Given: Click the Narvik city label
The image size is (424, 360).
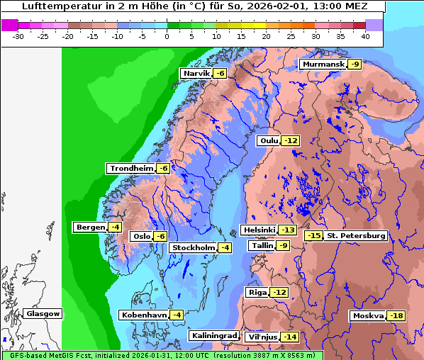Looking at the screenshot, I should pos(196,74).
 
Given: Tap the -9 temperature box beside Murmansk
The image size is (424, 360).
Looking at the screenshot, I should pos(355,64).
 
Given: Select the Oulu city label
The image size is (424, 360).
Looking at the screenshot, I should pos(269,141).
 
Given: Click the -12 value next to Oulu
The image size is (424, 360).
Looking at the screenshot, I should pos(291,141).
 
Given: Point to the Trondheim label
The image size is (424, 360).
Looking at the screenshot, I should pos(131,169).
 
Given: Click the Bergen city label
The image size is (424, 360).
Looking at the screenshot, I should pos(89,227).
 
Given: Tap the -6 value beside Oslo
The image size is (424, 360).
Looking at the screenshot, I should pos(160,237).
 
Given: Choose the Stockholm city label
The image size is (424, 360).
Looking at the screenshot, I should pos(192,247).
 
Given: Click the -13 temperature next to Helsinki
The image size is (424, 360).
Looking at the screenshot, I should pos(287,230).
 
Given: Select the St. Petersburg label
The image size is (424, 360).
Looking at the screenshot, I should pos(356,235).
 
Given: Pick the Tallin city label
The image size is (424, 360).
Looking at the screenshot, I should pos(262,246).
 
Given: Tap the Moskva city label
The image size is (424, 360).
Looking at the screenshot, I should pos(367,316).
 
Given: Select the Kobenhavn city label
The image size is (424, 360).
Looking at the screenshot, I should pos(143,315).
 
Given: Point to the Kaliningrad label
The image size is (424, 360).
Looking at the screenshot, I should pos(213,336).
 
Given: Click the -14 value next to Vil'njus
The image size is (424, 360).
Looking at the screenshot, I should pos(289,337).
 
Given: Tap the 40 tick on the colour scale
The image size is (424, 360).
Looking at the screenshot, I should pos(365,36).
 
